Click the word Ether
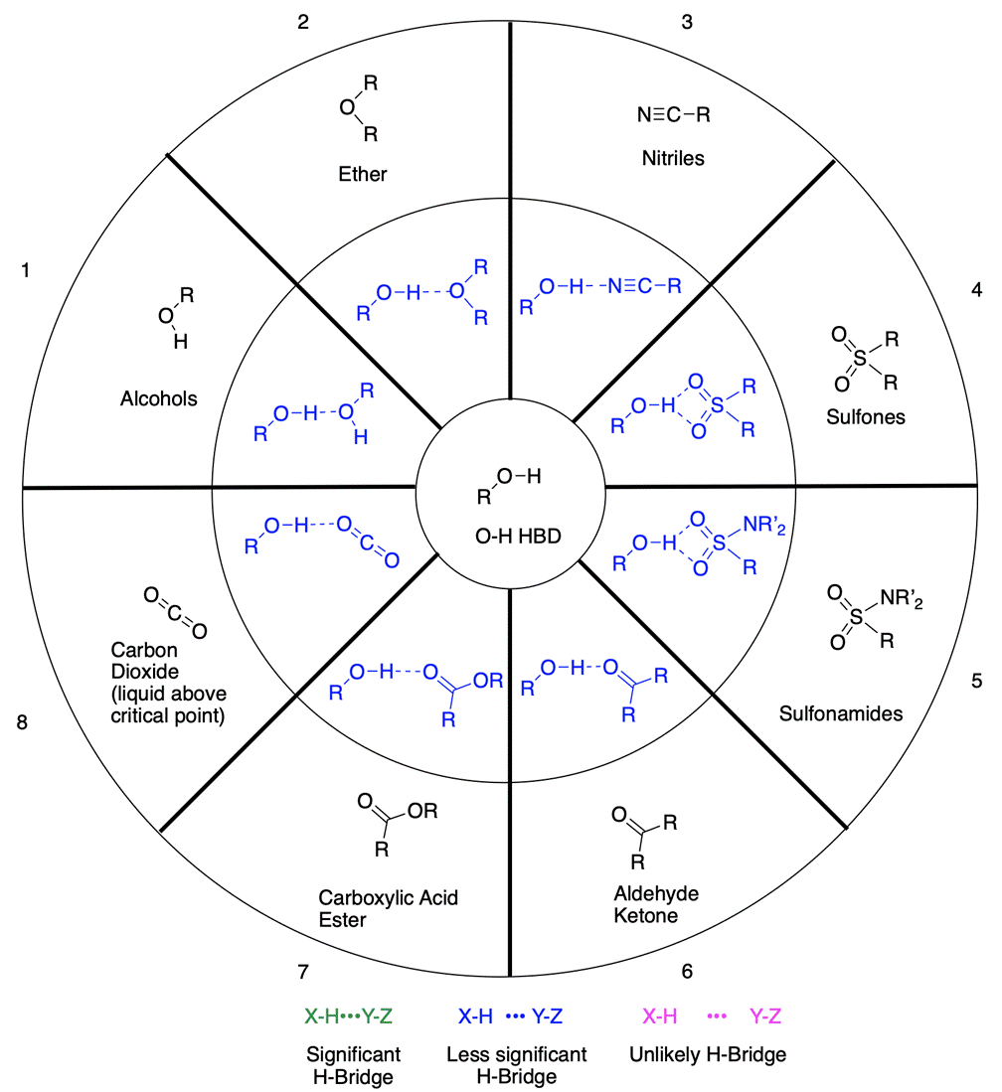361,175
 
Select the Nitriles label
673,158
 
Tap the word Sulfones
865,417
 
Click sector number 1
26,270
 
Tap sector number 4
976,290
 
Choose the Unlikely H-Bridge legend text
708,1054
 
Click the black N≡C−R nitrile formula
673,114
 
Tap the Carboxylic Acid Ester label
388,909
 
